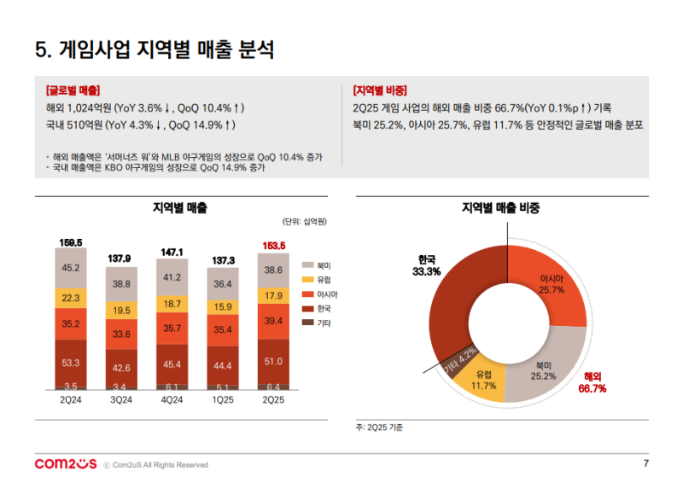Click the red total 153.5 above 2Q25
[274, 246]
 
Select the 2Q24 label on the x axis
[71, 398]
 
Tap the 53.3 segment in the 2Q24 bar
[71, 363]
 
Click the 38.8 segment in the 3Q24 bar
[121, 283]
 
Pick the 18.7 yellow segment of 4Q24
[172, 304]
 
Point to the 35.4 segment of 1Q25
[223, 329]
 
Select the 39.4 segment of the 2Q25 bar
[274, 321]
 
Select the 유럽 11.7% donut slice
[484, 379]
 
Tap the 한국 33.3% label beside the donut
[427, 265]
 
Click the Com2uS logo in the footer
[65, 464]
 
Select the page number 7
[645, 464]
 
